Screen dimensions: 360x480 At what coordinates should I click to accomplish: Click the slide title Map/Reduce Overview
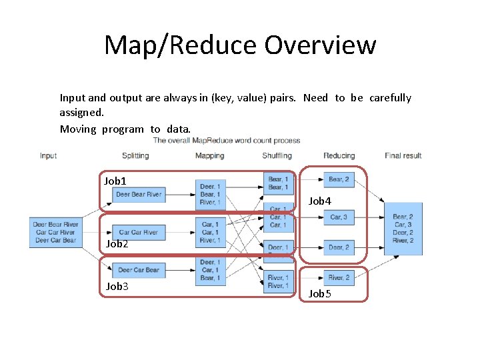click(x=240, y=45)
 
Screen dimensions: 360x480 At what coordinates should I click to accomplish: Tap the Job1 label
click(x=115, y=181)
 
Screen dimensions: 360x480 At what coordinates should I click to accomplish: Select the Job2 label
click(x=117, y=244)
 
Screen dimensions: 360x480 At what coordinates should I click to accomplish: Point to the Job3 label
click(x=117, y=286)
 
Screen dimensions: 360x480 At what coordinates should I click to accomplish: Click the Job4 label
click(x=319, y=201)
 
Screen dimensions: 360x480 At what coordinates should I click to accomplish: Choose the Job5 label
click(x=319, y=293)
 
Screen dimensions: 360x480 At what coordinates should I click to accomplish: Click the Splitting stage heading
click(x=135, y=156)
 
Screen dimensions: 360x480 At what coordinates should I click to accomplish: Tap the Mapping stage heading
click(x=209, y=156)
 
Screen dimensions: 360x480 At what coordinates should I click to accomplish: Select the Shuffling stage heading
click(x=277, y=156)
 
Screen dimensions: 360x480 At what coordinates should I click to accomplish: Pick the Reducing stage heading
click(x=339, y=156)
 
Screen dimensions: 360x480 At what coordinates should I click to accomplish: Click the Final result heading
click(x=403, y=156)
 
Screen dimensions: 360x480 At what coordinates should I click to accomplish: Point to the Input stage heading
click(x=48, y=156)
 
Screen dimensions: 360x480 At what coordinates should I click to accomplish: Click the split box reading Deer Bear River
click(x=138, y=195)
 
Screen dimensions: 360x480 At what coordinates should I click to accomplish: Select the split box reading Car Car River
click(x=138, y=232)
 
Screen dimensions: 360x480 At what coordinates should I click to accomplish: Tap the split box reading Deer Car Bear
click(x=138, y=270)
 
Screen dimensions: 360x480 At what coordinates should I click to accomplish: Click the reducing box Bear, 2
click(x=339, y=179)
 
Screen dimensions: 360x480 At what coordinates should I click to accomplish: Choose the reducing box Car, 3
click(x=339, y=217)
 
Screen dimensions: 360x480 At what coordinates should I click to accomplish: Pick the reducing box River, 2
click(x=339, y=277)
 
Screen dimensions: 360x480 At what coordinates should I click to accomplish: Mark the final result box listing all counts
click(x=403, y=229)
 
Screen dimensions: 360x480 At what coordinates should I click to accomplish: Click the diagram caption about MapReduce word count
click(x=227, y=141)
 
